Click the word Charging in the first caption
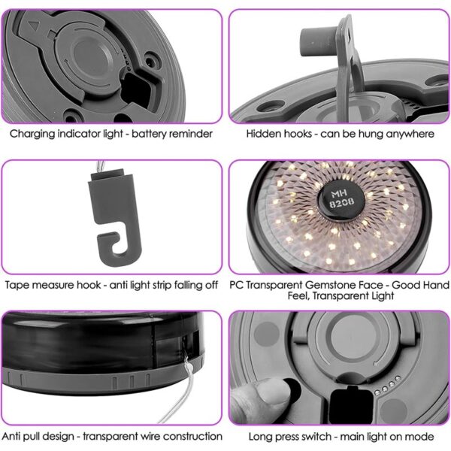point(32,134)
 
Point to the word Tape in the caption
point(16,286)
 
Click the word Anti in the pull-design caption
point(11,436)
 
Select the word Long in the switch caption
point(260,437)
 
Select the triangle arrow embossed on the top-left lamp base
point(34,26)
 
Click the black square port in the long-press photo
point(351,403)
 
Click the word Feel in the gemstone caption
point(298,295)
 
